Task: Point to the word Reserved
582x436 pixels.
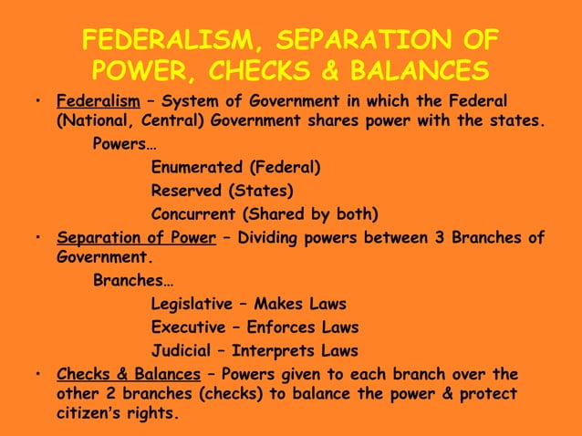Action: click(187, 191)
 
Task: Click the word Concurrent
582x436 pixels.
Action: click(192, 214)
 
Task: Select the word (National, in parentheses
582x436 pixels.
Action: click(94, 119)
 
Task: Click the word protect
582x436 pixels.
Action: click(487, 394)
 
